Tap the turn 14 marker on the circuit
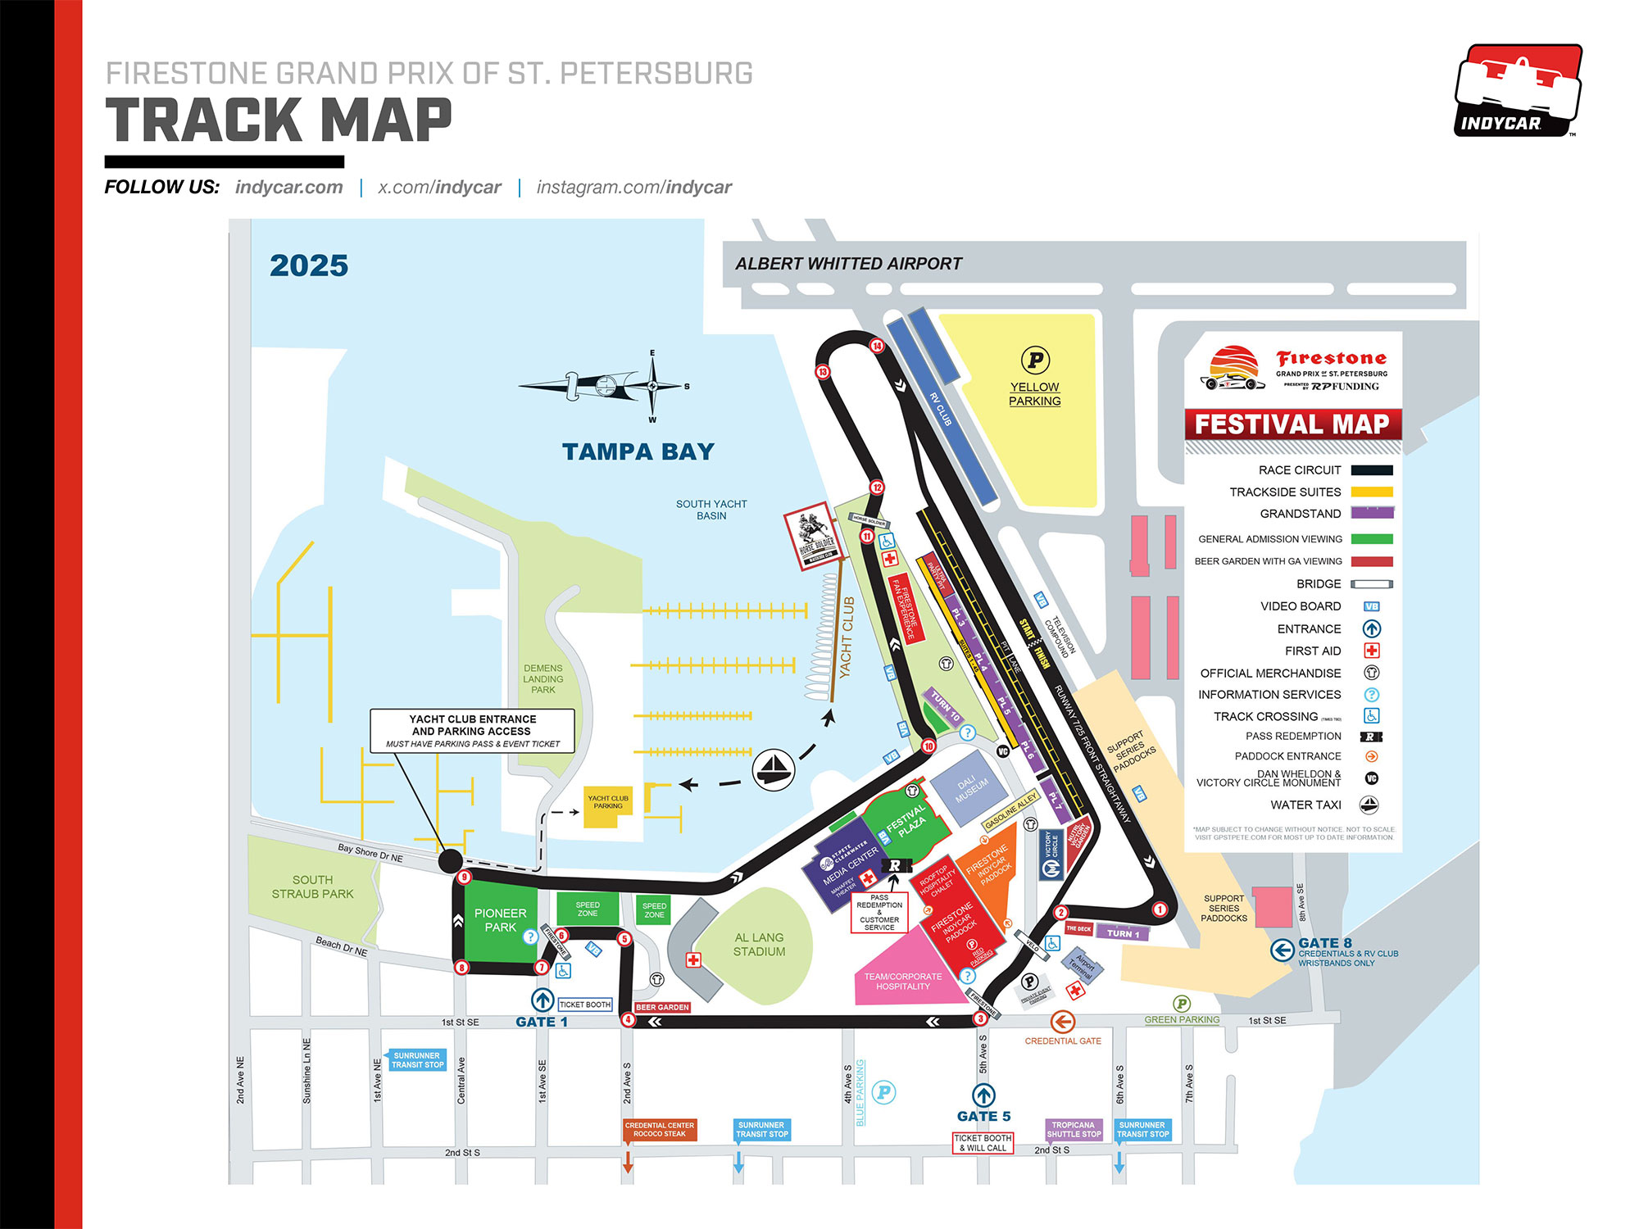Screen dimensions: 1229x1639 [x=877, y=346]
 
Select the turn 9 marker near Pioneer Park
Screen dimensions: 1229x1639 [x=465, y=878]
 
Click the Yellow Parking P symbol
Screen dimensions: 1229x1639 [x=1035, y=360]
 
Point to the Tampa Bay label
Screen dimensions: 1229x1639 [x=638, y=451]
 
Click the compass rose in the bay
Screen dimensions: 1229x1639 [x=652, y=386]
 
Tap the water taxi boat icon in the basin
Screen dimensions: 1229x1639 [x=773, y=769]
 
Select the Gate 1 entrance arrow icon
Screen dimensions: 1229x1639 [x=543, y=1000]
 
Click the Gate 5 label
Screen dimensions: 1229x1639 [x=983, y=1116]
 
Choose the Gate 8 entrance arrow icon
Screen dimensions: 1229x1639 [x=1282, y=950]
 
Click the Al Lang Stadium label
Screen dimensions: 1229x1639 [x=759, y=945]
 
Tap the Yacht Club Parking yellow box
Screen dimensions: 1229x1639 [x=607, y=806]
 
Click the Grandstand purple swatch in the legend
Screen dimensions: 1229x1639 [x=1372, y=513]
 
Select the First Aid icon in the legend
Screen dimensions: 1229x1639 [x=1371, y=651]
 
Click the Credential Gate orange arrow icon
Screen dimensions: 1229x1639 [x=1062, y=1022]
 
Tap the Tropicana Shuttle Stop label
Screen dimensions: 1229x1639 [x=1074, y=1130]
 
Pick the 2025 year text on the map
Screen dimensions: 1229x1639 [x=309, y=265]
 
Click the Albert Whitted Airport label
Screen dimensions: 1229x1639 [x=848, y=264]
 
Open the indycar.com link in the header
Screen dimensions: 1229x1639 [x=289, y=187]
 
